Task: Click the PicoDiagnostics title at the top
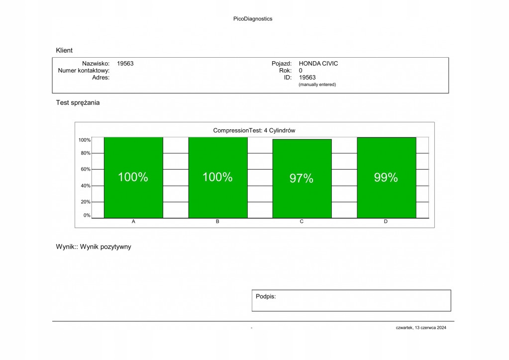tap(253, 19)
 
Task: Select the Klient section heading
tap(64, 50)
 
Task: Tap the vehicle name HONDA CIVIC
tap(318, 64)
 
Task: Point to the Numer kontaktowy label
tap(84, 71)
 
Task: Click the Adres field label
tap(101, 78)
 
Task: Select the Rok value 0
tap(301, 71)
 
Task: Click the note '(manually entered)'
tap(317, 85)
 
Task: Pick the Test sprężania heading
tap(78, 103)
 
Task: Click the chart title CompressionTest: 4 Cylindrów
tap(254, 130)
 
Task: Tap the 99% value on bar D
tap(386, 178)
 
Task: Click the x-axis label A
tap(133, 222)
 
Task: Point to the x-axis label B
tap(217, 222)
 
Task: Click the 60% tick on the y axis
tap(86, 170)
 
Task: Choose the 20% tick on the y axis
tap(86, 202)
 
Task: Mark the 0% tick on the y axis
tap(87, 215)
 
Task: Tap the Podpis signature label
tap(266, 296)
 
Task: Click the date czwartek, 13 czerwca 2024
tap(421, 328)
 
